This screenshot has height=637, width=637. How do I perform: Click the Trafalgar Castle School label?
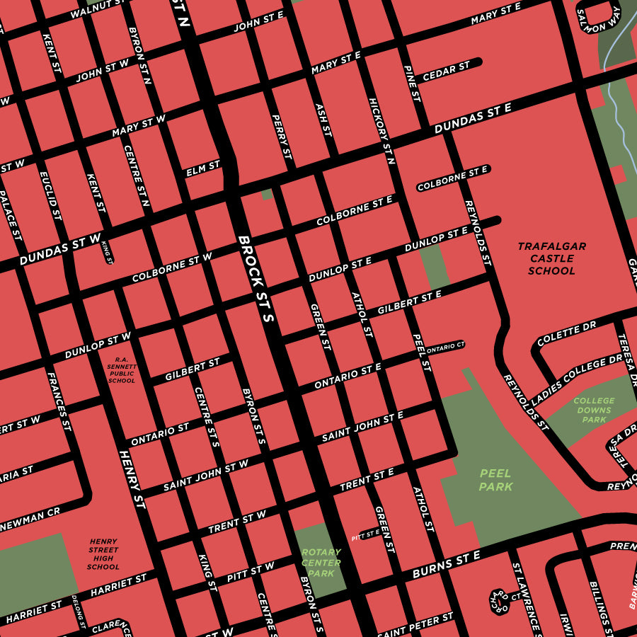pyautogui.click(x=551, y=258)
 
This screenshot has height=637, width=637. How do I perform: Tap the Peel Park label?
pyautogui.click(x=495, y=480)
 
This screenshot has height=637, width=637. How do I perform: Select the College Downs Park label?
pyautogui.click(x=594, y=410)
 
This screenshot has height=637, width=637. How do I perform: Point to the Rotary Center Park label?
pyautogui.click(x=321, y=563)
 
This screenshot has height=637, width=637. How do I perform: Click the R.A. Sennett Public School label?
pyautogui.click(x=122, y=369)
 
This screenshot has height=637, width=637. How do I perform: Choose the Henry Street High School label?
pyautogui.click(x=103, y=553)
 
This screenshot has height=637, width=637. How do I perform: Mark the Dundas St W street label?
pyautogui.click(x=60, y=250)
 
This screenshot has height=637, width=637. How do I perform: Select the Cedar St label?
pyautogui.click(x=446, y=71)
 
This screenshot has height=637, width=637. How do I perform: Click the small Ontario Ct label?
pyautogui.click(x=445, y=347)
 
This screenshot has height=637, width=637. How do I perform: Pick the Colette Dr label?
pyautogui.click(x=566, y=334)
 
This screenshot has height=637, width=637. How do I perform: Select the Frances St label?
pyautogui.click(x=59, y=401)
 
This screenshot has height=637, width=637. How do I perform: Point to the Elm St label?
pyautogui.click(x=203, y=168)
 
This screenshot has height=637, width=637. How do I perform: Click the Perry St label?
pyautogui.click(x=281, y=137)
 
